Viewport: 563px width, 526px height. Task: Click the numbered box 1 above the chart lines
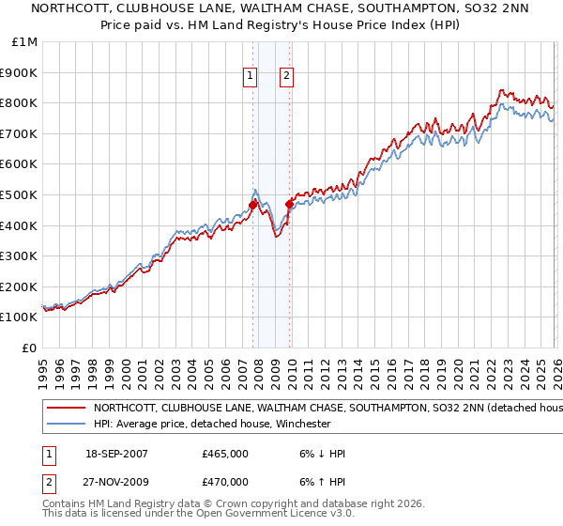click(251, 78)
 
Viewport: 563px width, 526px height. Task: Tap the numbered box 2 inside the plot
click(285, 78)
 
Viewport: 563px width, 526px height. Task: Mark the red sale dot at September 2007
click(252, 205)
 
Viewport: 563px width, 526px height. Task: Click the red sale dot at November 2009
click(289, 203)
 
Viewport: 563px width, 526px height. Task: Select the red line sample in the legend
click(66, 409)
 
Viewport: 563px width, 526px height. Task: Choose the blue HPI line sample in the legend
click(66, 424)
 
